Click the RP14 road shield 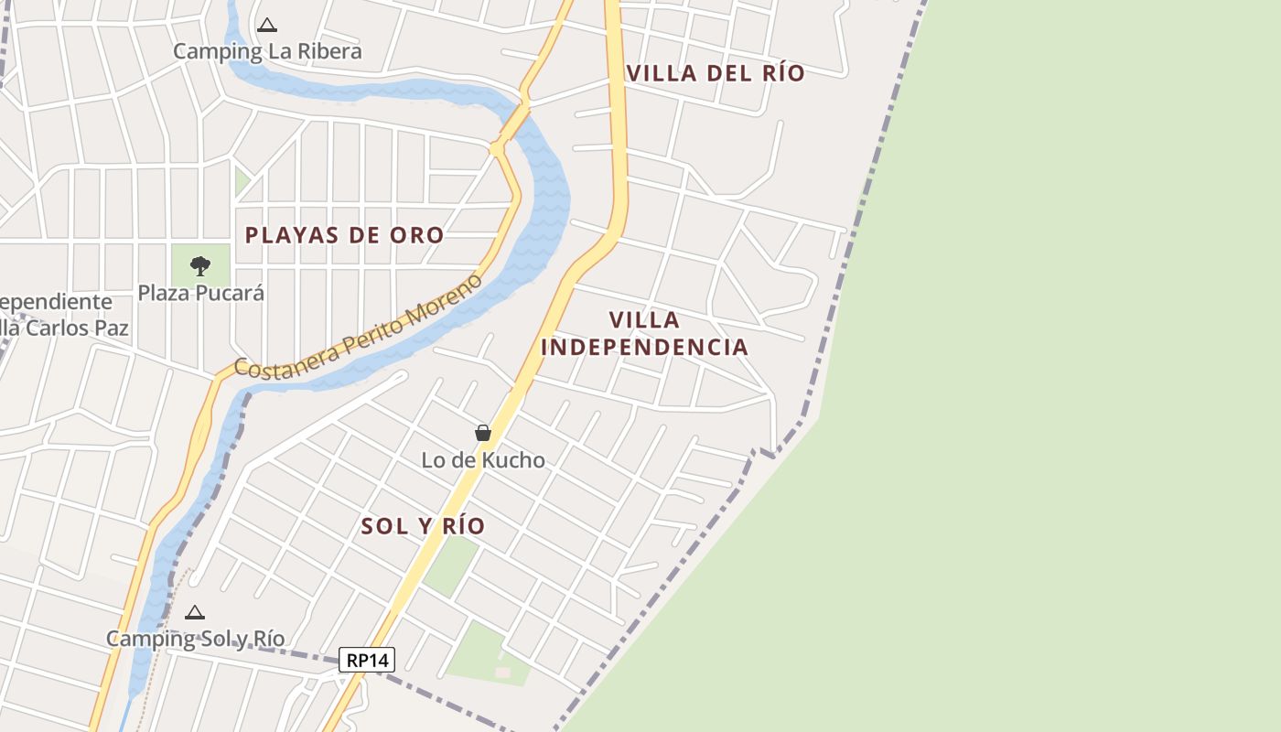point(367,660)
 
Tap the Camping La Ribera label point(267,51)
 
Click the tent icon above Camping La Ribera point(266,26)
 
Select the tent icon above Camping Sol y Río point(194,613)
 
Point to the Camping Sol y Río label point(196,639)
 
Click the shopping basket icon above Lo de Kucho point(483,433)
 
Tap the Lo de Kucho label point(483,460)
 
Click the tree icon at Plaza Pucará point(200,266)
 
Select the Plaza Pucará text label point(200,293)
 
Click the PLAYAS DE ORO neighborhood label point(344,235)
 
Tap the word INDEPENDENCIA point(645,348)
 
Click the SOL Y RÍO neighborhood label point(423,526)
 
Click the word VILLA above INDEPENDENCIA point(645,320)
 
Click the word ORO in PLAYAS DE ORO point(416,235)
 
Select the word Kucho point(516,460)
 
